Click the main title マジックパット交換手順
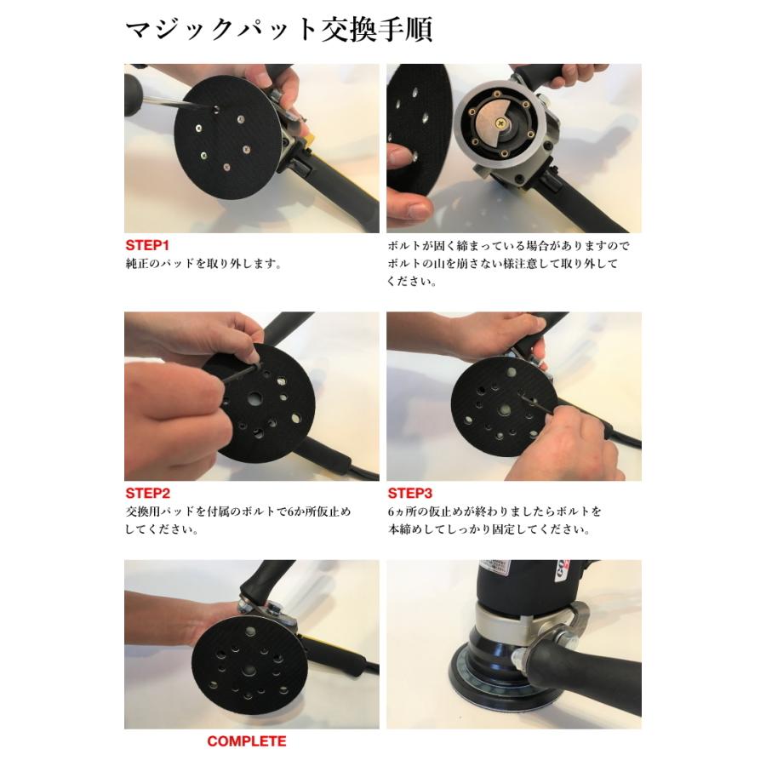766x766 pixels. [279, 30]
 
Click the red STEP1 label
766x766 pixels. [148, 245]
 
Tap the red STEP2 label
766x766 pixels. [148, 493]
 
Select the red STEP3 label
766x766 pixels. [410, 493]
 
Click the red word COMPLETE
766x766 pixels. [247, 741]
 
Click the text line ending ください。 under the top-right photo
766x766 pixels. [412, 280]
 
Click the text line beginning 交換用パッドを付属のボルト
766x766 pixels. [238, 512]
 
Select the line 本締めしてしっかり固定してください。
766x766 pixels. [489, 529]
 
